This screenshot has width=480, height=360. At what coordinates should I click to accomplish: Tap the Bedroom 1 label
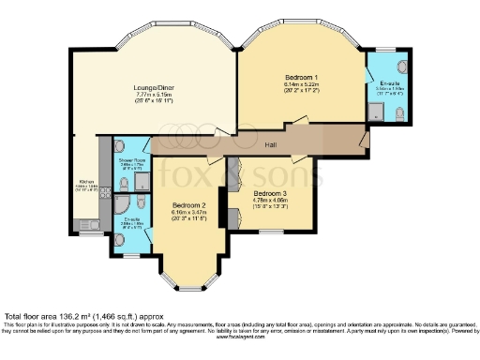(302, 76)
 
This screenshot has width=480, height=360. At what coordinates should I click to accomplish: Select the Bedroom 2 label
(188, 204)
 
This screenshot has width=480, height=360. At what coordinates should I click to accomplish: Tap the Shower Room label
(131, 160)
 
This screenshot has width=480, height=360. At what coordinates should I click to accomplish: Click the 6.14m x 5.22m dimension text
(302, 84)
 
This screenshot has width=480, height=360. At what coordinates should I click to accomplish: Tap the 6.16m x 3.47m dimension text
(188, 212)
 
